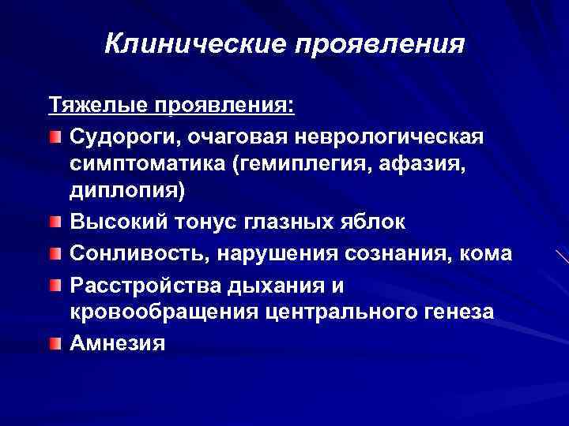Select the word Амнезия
(x=117, y=342)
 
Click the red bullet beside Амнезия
(x=54, y=342)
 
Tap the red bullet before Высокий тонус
(x=54, y=222)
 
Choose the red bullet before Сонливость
(x=54, y=253)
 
